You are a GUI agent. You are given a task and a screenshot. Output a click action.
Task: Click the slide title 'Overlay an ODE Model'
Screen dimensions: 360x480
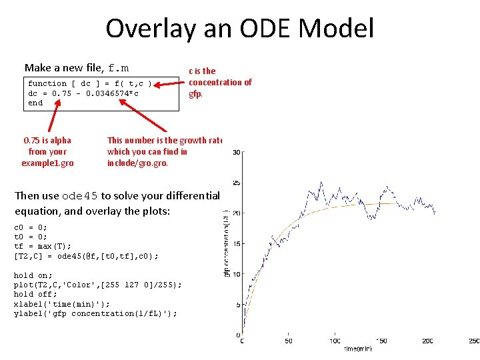click(x=239, y=29)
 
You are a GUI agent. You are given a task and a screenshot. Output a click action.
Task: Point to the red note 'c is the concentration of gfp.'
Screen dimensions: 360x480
click(x=220, y=82)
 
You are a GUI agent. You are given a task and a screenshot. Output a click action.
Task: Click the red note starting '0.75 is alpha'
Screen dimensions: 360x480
click(x=47, y=151)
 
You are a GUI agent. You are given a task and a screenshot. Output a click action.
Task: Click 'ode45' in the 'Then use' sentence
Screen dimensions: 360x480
click(x=79, y=196)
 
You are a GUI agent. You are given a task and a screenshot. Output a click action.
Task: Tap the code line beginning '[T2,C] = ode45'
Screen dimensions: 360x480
click(x=86, y=256)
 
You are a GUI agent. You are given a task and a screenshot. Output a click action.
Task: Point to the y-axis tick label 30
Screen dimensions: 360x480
click(x=236, y=153)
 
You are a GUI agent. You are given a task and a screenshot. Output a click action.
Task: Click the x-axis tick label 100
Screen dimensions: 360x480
click(x=334, y=341)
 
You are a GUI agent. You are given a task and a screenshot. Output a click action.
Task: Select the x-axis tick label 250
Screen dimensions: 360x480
click(x=473, y=341)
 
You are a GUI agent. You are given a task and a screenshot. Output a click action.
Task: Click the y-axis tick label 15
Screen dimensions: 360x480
click(x=236, y=243)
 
